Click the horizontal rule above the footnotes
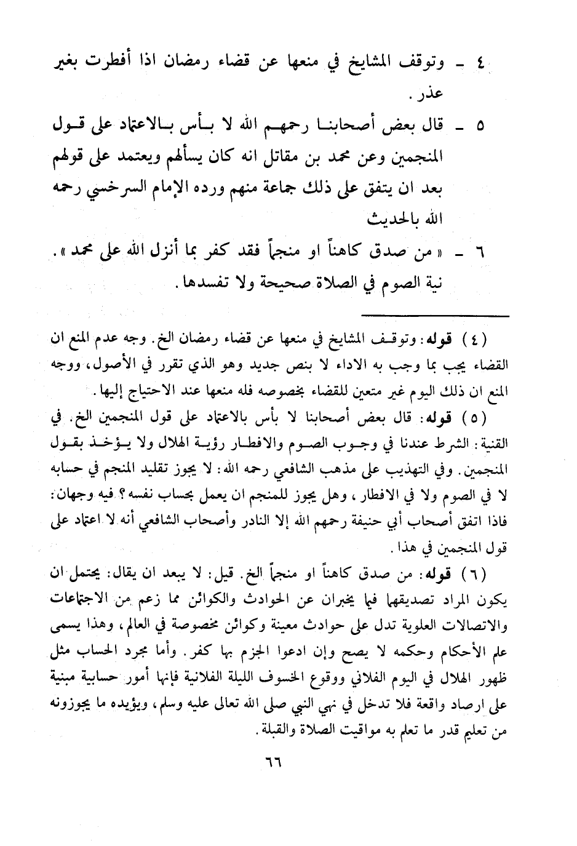pos(436,316)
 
